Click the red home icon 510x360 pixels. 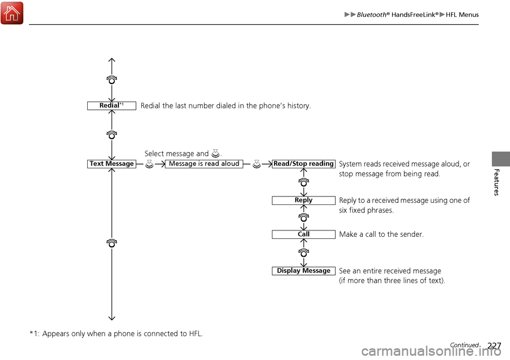[x=12, y=13]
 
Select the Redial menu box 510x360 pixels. [x=112, y=106]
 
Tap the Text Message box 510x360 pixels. [x=112, y=164]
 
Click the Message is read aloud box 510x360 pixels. [x=204, y=164]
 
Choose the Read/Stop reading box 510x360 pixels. [x=303, y=164]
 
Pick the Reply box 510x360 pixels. [x=303, y=200]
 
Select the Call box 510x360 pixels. [x=303, y=234]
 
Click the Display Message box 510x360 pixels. [x=303, y=271]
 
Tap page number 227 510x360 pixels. [x=495, y=345]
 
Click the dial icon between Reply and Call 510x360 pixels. [x=303, y=217]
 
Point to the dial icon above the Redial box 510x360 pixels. [x=112, y=80]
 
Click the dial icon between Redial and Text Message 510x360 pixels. [x=112, y=135]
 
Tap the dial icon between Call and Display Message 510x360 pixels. [x=303, y=252]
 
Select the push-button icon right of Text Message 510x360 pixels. [x=149, y=164]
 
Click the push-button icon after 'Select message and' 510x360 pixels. [x=215, y=153]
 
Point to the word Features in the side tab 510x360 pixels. [x=496, y=182]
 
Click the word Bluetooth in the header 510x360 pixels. [x=371, y=15]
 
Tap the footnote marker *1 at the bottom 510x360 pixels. [x=34, y=333]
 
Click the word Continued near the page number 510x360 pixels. [x=464, y=345]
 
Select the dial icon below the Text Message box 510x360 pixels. [x=112, y=243]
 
